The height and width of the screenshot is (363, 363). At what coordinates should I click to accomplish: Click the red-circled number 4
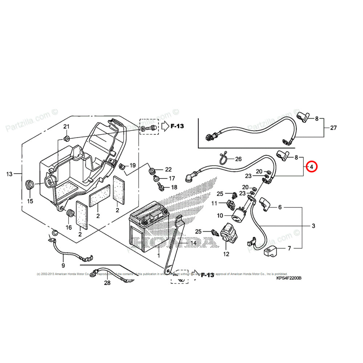click(x=311, y=167)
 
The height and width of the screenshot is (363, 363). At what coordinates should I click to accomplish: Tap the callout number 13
click(x=9, y=174)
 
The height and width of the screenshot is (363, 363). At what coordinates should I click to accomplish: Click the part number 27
click(x=333, y=127)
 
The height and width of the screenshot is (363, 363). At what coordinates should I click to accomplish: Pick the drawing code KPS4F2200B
click(x=289, y=278)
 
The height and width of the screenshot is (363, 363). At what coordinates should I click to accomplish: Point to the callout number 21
click(x=66, y=126)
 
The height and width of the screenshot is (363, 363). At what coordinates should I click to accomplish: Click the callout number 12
click(x=226, y=254)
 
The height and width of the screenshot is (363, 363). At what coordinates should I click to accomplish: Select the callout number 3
click(x=313, y=226)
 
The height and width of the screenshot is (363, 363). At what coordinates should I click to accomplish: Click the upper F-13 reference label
click(x=177, y=126)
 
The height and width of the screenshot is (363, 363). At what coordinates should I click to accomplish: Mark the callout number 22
click(x=168, y=170)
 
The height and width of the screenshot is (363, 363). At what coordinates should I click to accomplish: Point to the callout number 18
click(x=174, y=187)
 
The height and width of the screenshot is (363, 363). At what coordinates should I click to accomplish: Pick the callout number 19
click(x=133, y=165)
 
